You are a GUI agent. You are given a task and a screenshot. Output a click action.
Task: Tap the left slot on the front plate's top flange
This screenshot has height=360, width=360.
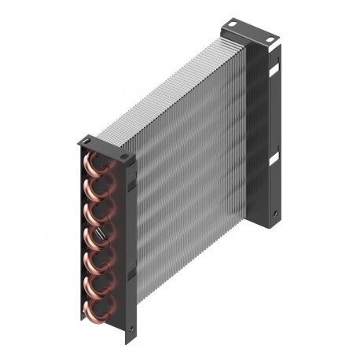coord(87,140)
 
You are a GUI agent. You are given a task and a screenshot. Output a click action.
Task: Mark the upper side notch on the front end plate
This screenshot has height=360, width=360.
coord(131,184)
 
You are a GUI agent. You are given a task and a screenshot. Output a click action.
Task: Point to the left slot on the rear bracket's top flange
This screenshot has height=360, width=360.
coord(233,28)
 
